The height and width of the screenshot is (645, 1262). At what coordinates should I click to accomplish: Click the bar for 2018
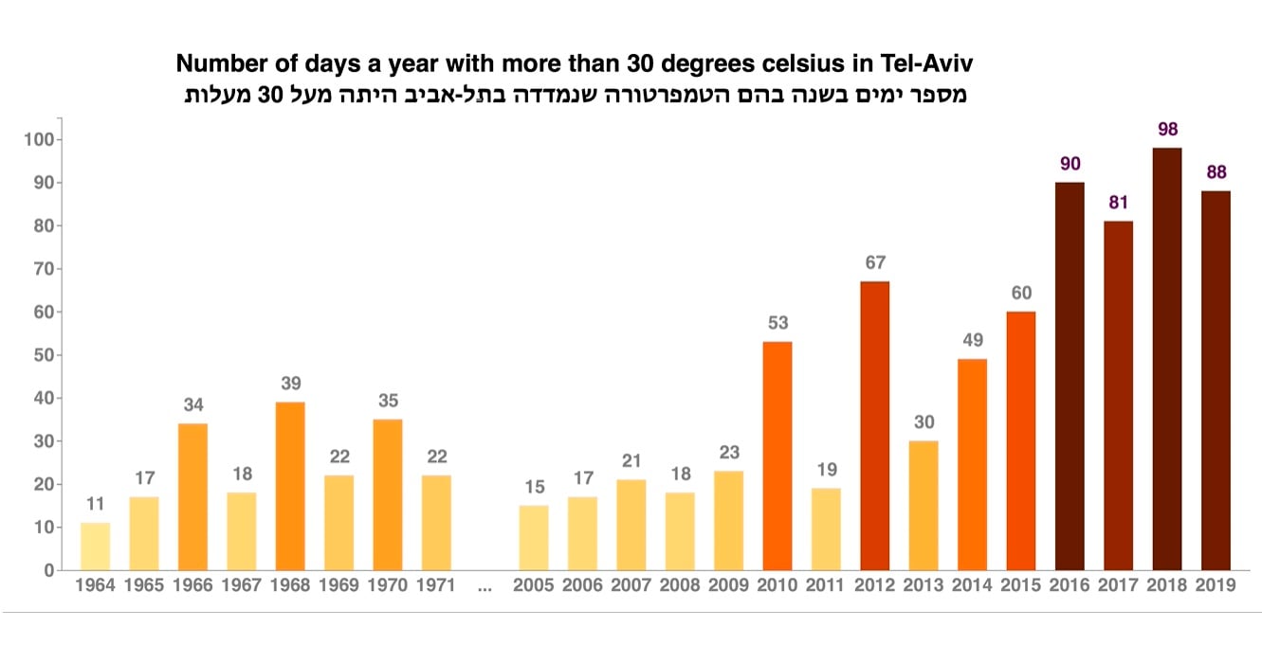[x=1166, y=359]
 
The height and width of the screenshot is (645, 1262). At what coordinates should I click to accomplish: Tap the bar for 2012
[x=874, y=425]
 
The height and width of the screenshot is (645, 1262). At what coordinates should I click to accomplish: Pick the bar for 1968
[x=289, y=486]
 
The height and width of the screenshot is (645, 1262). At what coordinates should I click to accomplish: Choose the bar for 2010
[x=777, y=456]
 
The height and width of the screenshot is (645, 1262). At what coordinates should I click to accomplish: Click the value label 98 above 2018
[x=1166, y=128]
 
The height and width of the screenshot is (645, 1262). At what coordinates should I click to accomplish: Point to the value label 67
[x=874, y=262]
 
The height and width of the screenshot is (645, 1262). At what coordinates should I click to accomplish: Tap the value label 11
[x=95, y=504]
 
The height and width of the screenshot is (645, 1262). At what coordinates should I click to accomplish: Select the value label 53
[x=777, y=323]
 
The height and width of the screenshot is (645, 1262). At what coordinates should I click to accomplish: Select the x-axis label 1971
[x=435, y=585]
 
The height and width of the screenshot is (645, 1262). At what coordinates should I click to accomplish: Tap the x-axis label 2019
[x=1216, y=585]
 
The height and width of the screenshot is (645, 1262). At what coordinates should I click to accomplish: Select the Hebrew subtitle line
[x=571, y=95]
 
